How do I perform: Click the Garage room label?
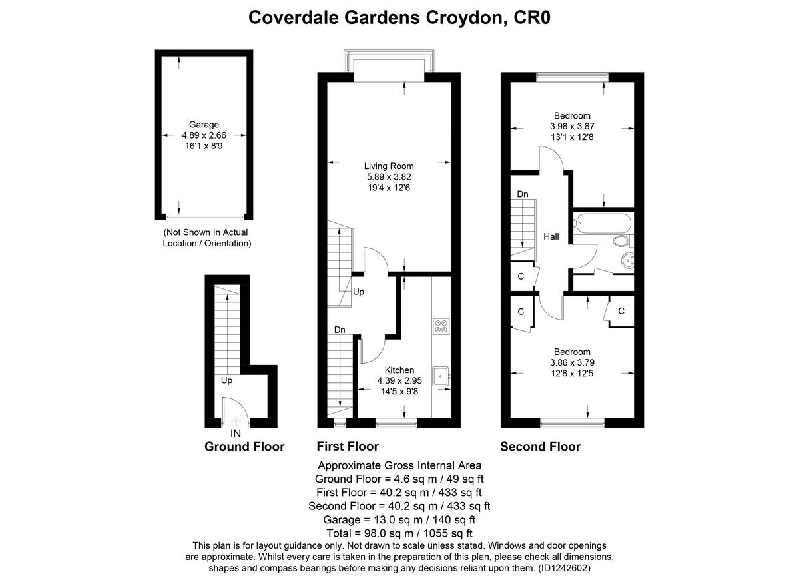pos(204,125)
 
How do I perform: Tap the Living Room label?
pos(389,166)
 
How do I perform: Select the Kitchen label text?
pos(400,370)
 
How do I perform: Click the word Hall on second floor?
pos(551,236)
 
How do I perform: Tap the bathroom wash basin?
pos(627,261)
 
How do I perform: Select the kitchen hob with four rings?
pos(441,326)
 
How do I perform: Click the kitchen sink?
pos(441,376)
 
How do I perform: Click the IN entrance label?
pos(235,433)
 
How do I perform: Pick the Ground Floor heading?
pos(244,447)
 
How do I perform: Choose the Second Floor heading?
pos(540,447)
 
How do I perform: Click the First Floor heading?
pos(347,447)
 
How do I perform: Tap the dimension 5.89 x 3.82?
pos(389,177)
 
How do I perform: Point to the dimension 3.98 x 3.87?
pos(572,126)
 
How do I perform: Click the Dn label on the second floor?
pos(523,194)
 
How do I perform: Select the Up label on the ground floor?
pos(226,381)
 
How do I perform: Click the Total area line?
pos(400,533)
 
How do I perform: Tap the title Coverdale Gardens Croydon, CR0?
pos(400,17)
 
